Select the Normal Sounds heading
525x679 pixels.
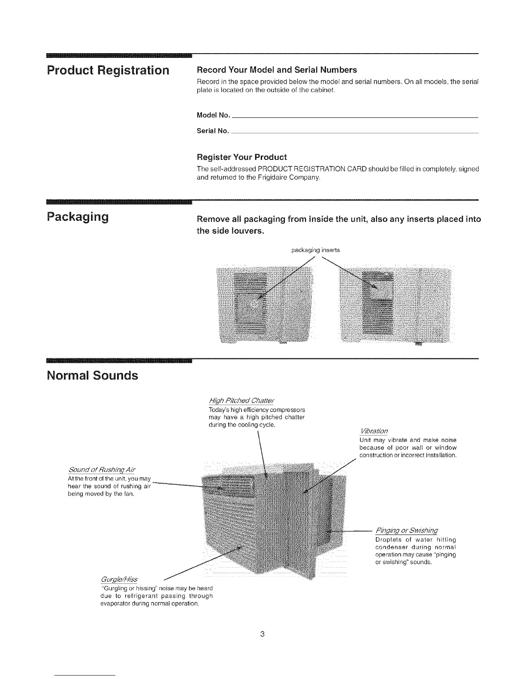92,376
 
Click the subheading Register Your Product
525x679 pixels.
241,157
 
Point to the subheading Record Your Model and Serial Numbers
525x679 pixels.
276,69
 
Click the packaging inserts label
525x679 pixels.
315,250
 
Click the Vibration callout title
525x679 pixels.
374,431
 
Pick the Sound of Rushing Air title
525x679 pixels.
102,470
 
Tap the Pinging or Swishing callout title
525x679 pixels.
407,530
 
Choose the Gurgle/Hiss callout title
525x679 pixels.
120,580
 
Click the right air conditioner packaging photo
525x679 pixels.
395,304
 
